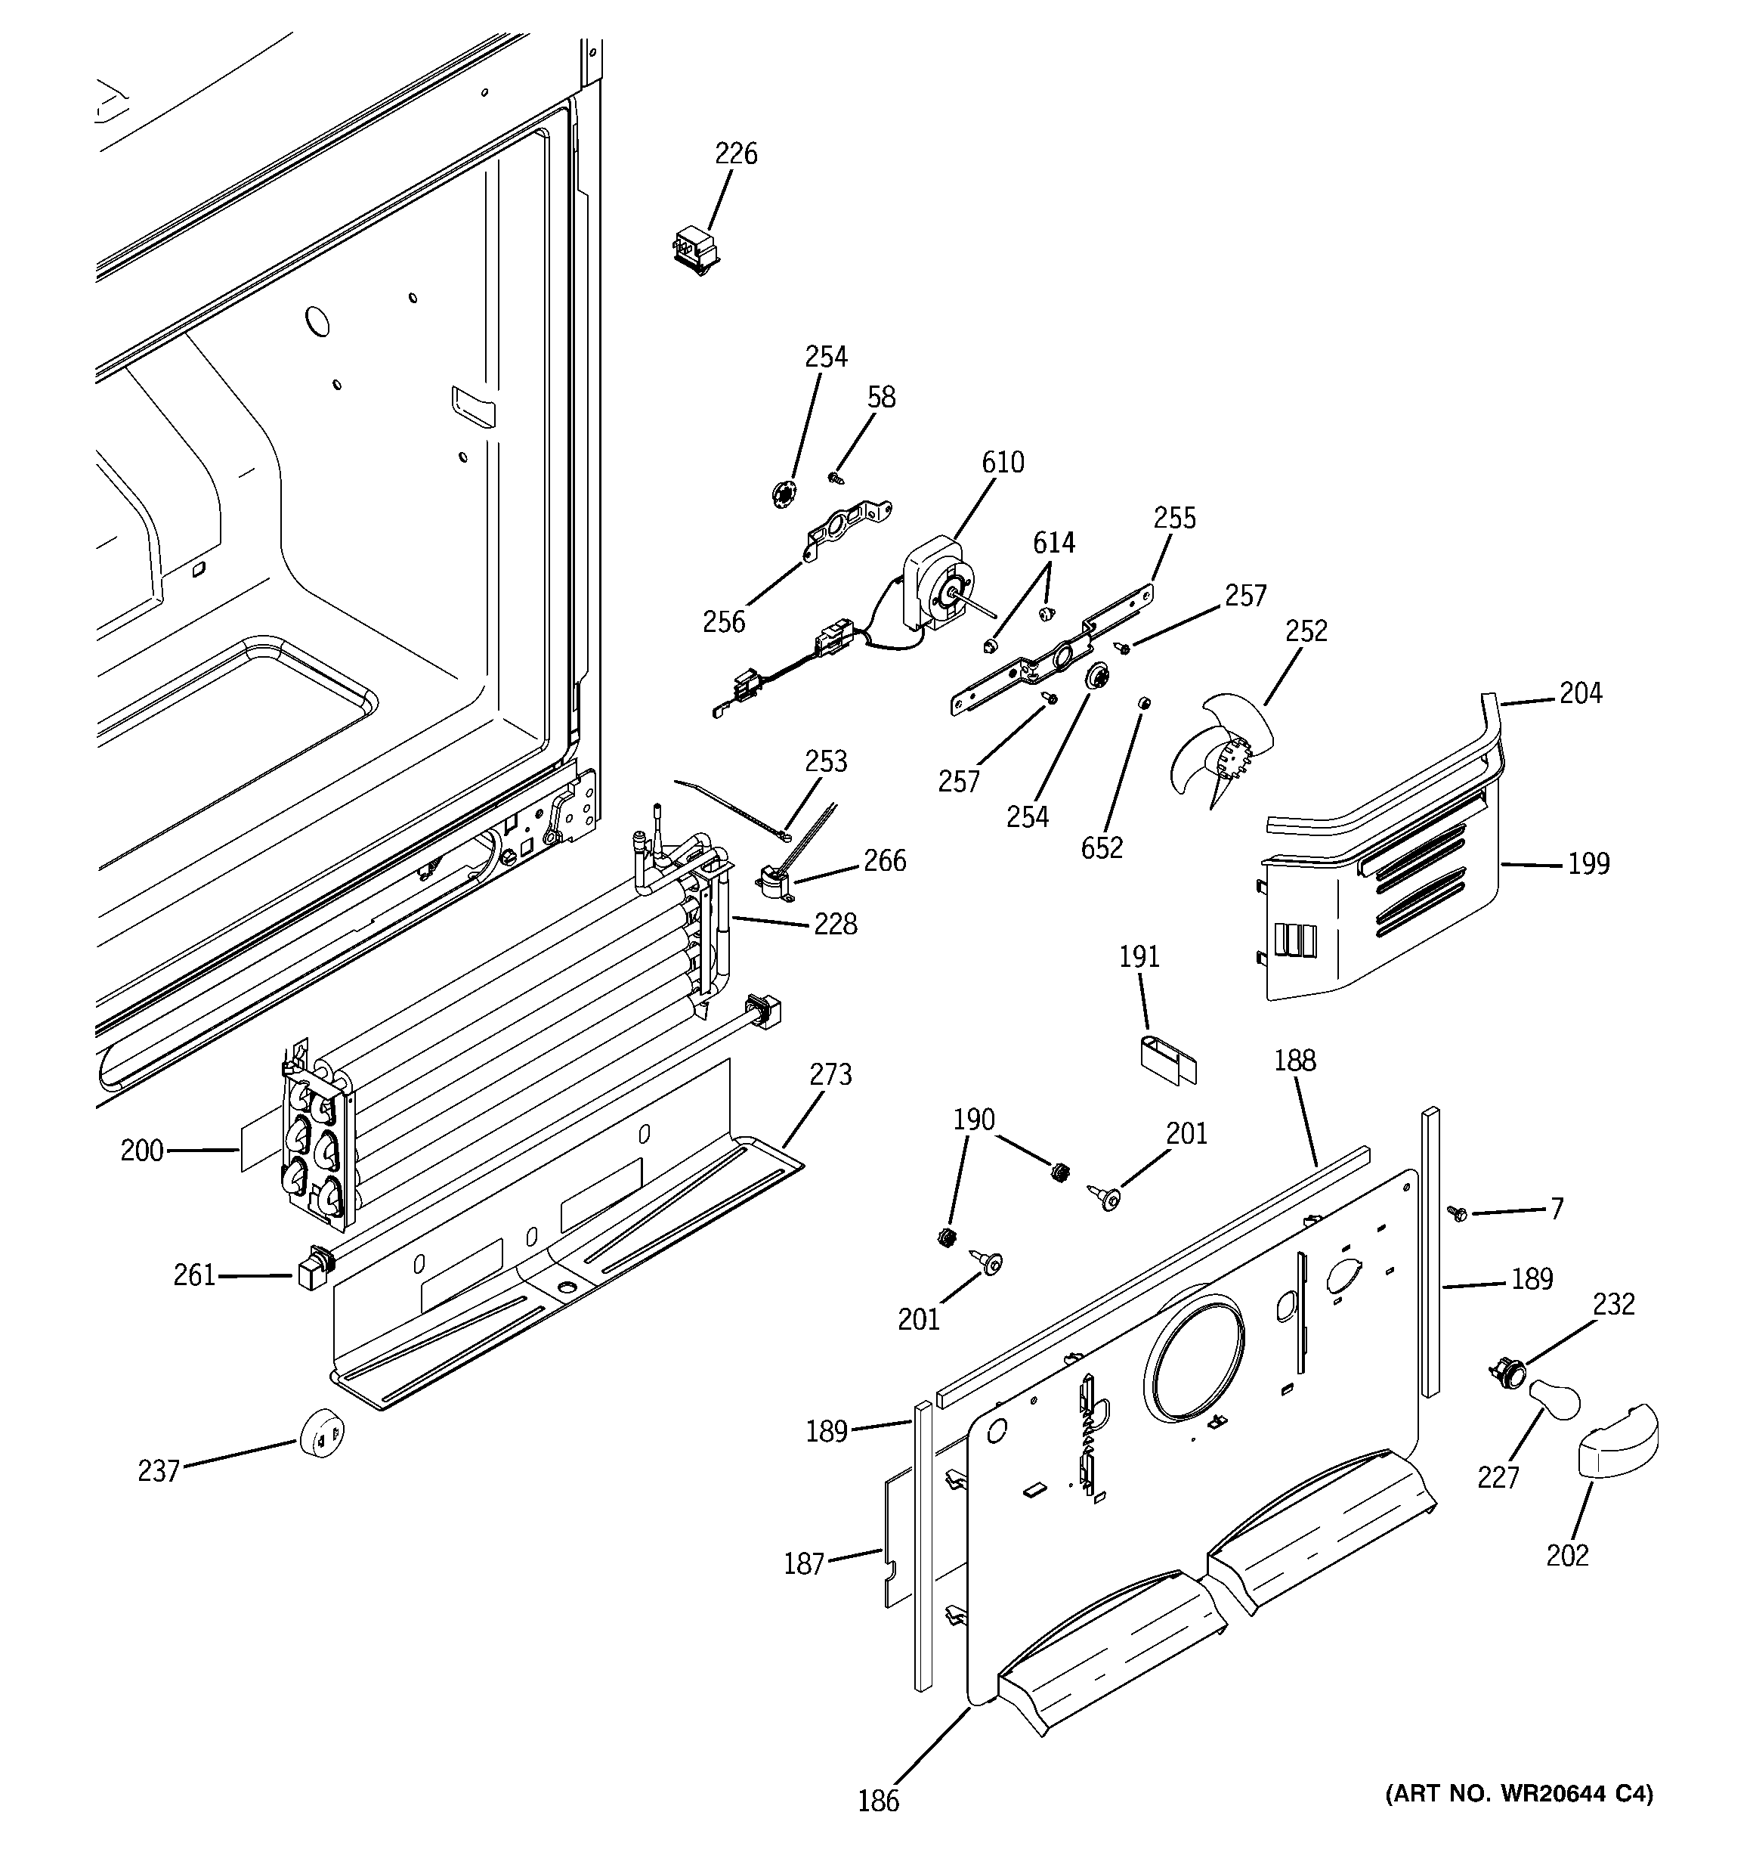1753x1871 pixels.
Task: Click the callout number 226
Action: tap(736, 153)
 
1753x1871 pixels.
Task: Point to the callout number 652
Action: tap(1102, 848)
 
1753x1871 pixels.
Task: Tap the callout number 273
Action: tap(831, 1074)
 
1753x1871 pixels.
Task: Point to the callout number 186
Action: tap(878, 1801)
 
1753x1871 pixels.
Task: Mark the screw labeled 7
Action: tap(1458, 1214)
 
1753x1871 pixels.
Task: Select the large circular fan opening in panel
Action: tap(1196, 1356)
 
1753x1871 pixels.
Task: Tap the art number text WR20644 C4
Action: tap(1518, 1794)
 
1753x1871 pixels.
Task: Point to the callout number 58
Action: tap(881, 397)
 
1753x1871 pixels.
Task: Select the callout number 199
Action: tap(1588, 863)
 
